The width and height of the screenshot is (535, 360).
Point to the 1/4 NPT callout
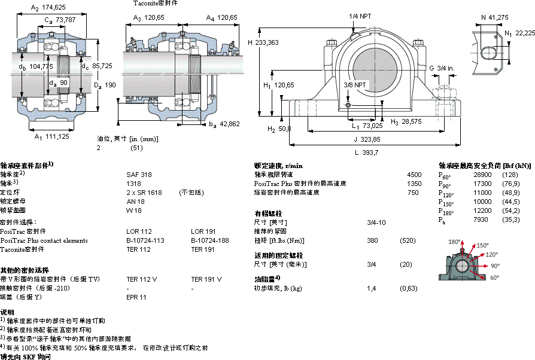tap(360, 16)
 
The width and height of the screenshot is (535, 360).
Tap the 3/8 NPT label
tap(355, 86)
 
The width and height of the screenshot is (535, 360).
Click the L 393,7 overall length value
tap(366, 152)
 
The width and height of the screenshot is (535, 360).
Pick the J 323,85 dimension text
tap(366, 139)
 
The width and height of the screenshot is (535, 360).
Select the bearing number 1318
tap(133, 184)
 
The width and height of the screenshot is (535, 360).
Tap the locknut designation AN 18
tap(135, 202)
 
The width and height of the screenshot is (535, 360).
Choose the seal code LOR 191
tap(203, 231)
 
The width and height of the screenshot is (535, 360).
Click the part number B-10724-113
tap(145, 240)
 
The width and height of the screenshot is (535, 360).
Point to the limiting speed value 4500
tap(414, 175)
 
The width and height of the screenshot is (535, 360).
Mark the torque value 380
tap(372, 240)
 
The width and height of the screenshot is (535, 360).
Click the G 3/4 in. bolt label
tap(441, 69)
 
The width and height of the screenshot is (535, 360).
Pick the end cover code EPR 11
tap(136, 297)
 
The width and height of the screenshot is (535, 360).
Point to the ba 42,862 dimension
tap(225, 124)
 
